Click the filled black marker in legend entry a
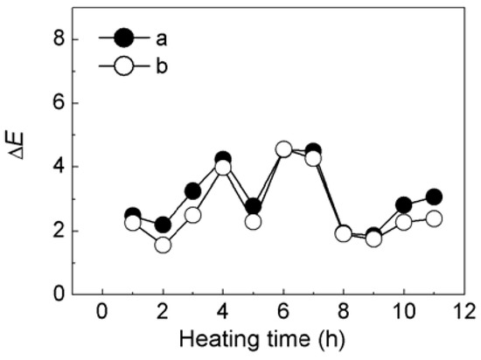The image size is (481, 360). (x=124, y=37)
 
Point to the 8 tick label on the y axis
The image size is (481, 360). (x=59, y=39)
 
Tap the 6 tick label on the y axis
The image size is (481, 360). (x=59, y=103)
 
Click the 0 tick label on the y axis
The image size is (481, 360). (x=59, y=294)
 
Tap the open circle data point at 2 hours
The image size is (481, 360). (x=163, y=245)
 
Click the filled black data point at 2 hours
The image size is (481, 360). (x=163, y=225)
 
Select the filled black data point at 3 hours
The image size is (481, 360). (x=193, y=191)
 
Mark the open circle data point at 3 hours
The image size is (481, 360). (x=193, y=215)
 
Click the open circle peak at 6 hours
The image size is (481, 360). (x=283, y=149)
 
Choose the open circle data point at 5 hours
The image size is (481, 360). (x=254, y=222)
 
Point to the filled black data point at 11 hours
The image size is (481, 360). (x=434, y=197)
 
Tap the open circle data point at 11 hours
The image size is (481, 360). (x=434, y=218)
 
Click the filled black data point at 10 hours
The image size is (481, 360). (x=403, y=205)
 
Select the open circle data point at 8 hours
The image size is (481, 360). (x=344, y=233)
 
